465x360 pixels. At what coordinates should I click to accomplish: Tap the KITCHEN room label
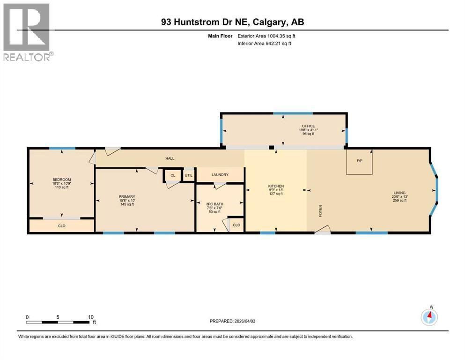[x=276, y=186]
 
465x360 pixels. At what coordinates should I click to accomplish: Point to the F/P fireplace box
[x=359, y=161]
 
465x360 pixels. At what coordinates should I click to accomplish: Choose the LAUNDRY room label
[x=220, y=175]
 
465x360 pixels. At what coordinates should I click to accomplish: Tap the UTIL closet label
[x=188, y=175]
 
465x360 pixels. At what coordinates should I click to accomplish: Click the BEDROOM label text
[x=61, y=180]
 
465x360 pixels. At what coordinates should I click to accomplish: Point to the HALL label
[x=170, y=158]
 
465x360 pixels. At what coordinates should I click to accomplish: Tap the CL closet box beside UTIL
[x=173, y=175]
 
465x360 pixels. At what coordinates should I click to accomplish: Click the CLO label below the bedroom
[x=61, y=225]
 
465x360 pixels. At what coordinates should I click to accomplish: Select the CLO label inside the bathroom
[x=236, y=225]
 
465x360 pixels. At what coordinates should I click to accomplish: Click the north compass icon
[x=429, y=317]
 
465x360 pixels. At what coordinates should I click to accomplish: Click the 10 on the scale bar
[x=91, y=317]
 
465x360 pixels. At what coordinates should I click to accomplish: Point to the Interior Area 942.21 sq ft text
[x=265, y=43]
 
